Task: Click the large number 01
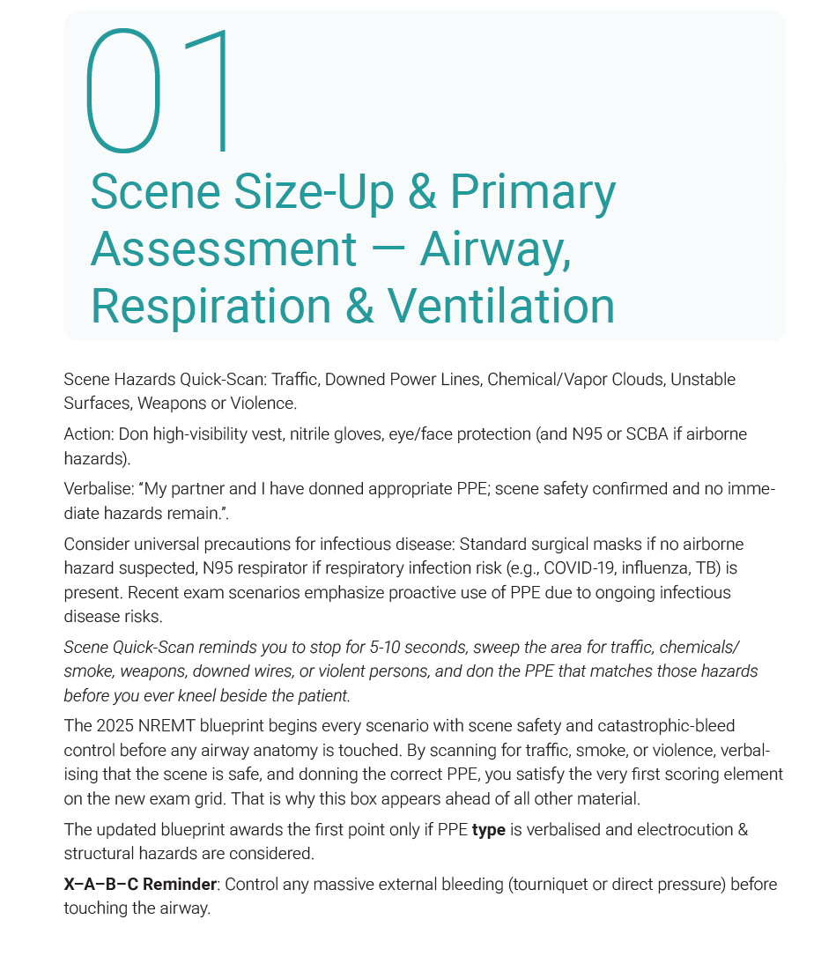tap(159, 91)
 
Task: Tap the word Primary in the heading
tap(532, 191)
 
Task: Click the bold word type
tap(488, 830)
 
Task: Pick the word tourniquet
tap(551, 884)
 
